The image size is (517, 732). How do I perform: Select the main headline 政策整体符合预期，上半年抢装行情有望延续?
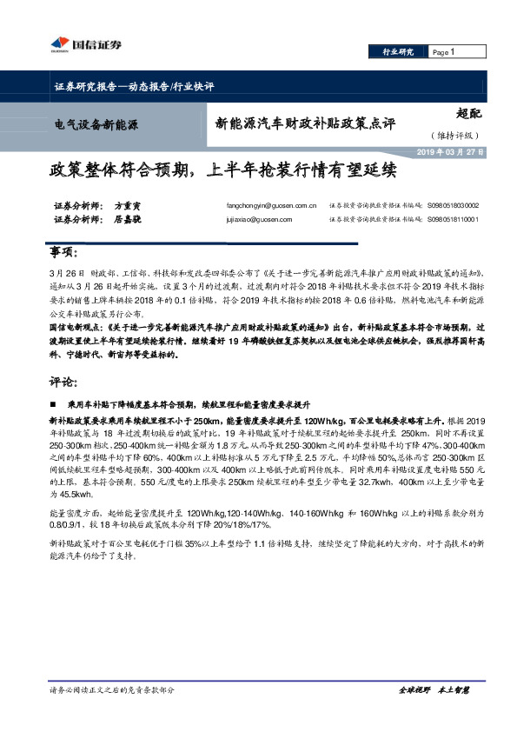click(222, 170)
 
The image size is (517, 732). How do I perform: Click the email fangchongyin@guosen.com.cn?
click(271, 206)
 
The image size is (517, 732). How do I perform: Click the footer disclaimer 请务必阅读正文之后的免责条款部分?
click(112, 689)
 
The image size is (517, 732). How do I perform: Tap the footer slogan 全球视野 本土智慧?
click(434, 689)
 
